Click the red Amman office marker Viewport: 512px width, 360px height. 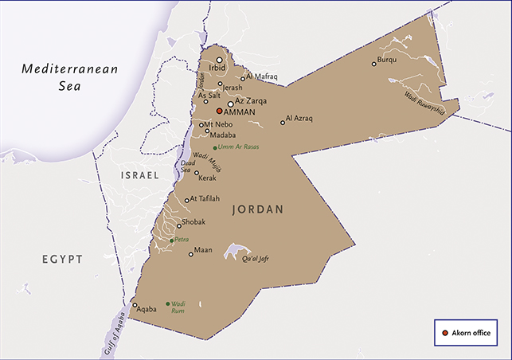point(220,112)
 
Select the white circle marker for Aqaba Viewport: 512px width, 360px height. point(135,306)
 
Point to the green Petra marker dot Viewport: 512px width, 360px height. point(172,239)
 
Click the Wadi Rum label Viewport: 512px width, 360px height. point(179,307)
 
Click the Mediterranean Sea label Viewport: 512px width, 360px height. point(69,76)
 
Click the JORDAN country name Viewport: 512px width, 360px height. point(258,210)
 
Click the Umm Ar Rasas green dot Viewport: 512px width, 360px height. point(215,147)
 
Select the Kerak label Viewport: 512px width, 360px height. point(207,181)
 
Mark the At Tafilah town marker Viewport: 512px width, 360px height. point(187,201)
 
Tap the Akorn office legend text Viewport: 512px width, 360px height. point(471,332)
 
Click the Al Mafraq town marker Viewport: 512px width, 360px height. point(243,79)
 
